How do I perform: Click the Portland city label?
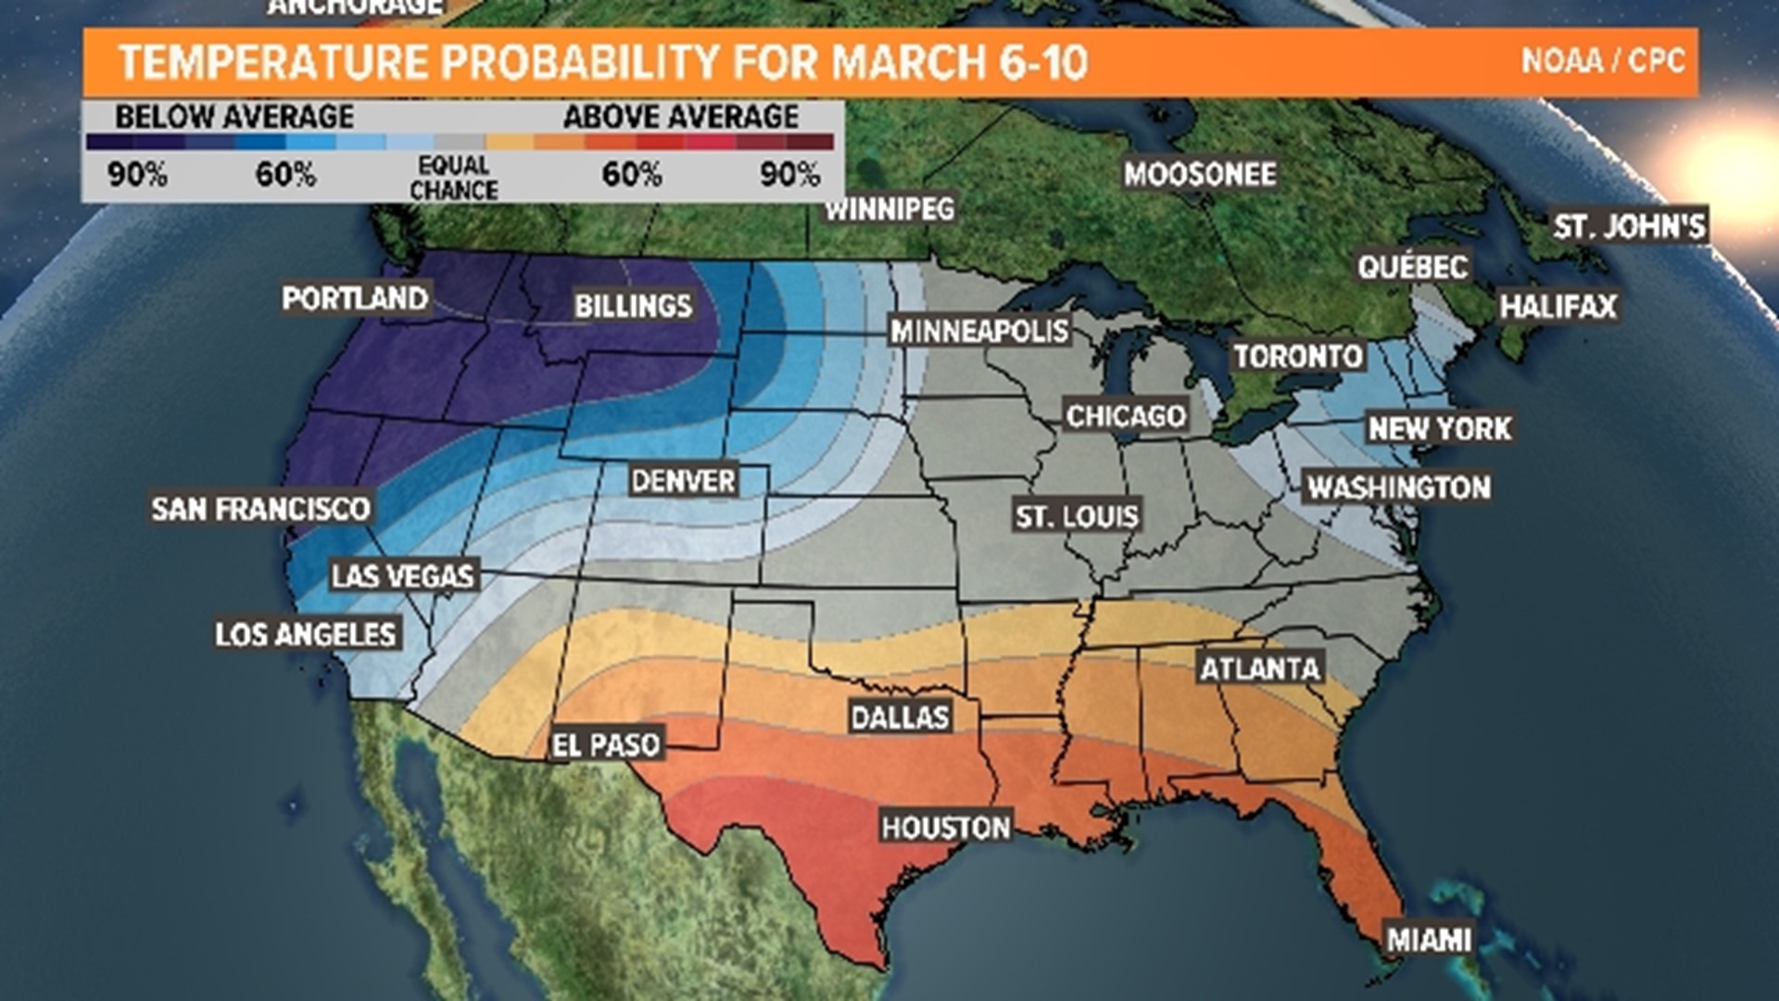coord(355,298)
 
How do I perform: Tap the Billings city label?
coord(633,306)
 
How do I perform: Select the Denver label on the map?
coord(683,481)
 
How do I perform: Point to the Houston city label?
coord(945,827)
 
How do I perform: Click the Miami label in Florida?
coord(1429,940)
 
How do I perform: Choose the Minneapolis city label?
coord(979,331)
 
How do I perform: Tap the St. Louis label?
coord(1077,516)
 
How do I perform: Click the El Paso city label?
coord(606,744)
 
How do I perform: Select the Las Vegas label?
coord(403,576)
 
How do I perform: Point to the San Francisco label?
coord(261,508)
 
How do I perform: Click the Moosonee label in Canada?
coord(1200,173)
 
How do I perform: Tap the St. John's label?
coord(1629,226)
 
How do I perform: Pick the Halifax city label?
coord(1558,307)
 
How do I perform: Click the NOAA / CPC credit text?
coord(1602,61)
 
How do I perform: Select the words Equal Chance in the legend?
coord(454,177)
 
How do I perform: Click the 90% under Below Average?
coord(137,174)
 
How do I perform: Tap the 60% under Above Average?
coord(632,174)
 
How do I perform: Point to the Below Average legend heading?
coord(234,117)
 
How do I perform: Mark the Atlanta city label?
coord(1259,668)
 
